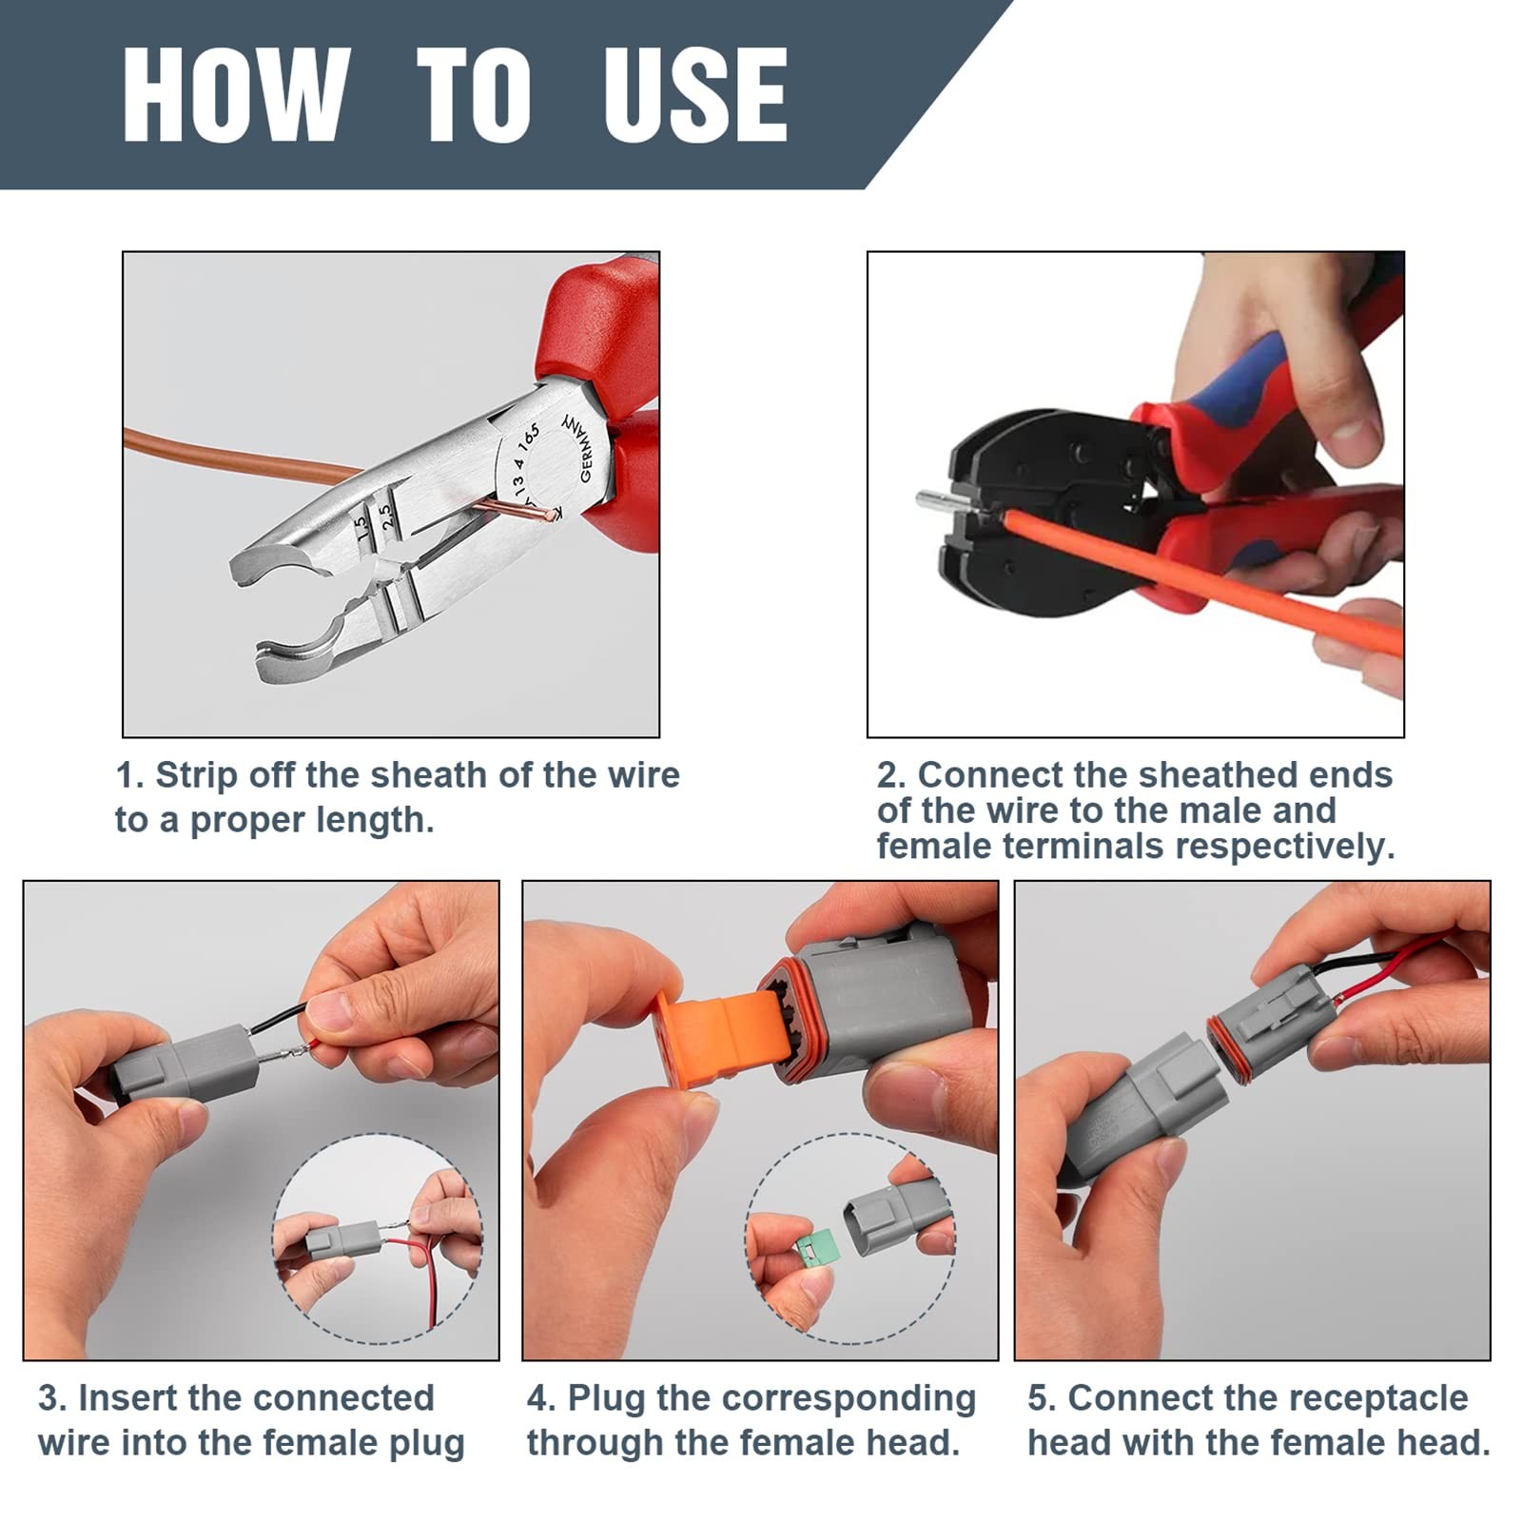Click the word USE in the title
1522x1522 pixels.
tap(695, 95)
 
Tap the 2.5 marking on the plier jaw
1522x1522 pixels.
tap(387, 516)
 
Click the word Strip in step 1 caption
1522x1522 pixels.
tap(197, 775)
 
